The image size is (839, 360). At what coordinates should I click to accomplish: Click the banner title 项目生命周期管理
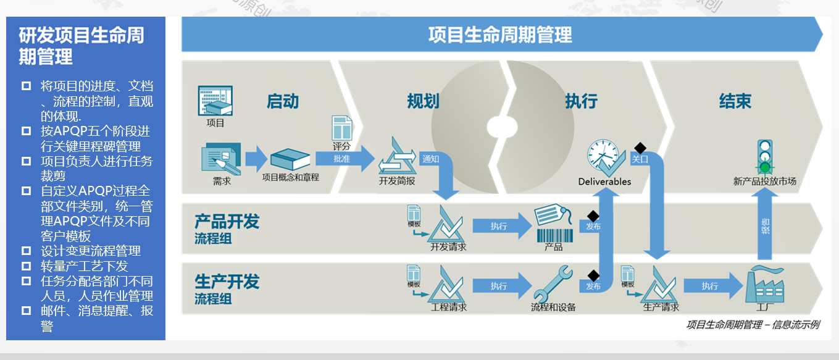500,35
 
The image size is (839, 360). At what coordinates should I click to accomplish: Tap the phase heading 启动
283,101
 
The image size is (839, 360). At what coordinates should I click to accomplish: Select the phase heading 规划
423,101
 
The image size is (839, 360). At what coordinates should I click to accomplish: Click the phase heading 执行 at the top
581,101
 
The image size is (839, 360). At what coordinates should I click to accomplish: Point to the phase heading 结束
735,101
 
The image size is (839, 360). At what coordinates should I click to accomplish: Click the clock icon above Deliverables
603,157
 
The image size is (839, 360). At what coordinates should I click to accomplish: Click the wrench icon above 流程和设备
553,283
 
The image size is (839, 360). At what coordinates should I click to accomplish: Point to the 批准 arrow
343,159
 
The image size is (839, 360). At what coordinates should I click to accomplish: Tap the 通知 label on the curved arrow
430,159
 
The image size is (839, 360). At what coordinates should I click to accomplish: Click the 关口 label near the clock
640,159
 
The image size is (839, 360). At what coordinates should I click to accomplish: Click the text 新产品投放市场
764,182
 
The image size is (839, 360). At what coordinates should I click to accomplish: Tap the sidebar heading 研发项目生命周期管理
81,46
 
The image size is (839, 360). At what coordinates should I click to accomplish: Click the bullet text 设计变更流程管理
91,251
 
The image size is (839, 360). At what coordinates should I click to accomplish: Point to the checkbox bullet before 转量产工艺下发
26,266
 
